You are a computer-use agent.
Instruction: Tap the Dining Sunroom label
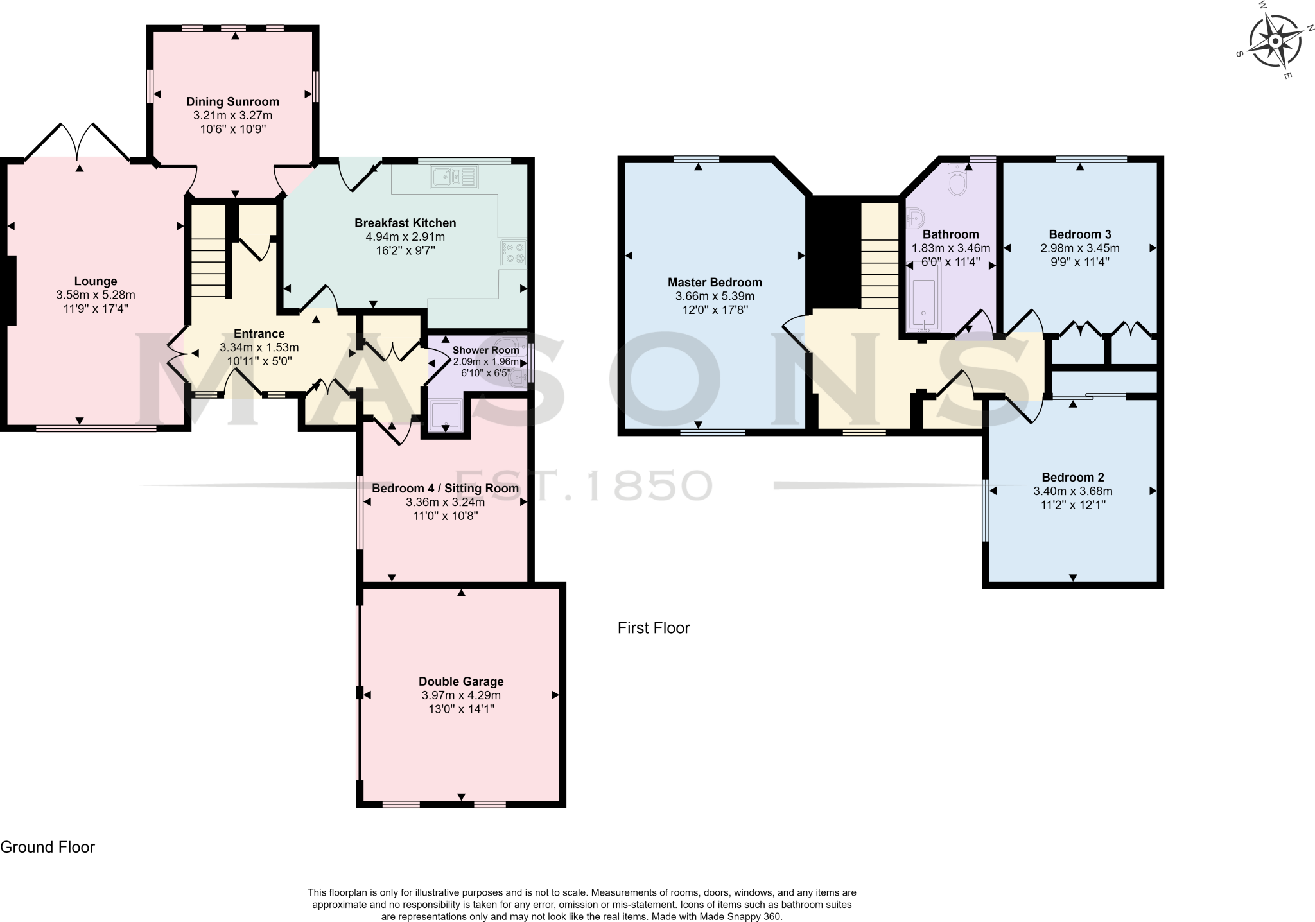pyautogui.click(x=232, y=101)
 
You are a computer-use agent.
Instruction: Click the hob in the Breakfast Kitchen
pyautogui.click(x=514, y=252)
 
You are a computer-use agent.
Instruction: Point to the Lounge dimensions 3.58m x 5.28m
pyautogui.click(x=96, y=295)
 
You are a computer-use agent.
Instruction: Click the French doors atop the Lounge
pyautogui.click(x=78, y=143)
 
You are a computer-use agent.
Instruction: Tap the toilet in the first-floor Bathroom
pyautogui.click(x=957, y=181)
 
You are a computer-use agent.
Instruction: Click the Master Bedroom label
pyautogui.click(x=715, y=282)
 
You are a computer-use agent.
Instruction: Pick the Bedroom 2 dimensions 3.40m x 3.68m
pyautogui.click(x=1072, y=491)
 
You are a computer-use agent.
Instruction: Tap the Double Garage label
pyautogui.click(x=461, y=681)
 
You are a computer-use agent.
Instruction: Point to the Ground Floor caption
pyautogui.click(x=48, y=847)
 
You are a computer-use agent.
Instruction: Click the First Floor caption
pyautogui.click(x=654, y=627)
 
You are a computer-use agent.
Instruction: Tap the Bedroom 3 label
pyautogui.click(x=1079, y=234)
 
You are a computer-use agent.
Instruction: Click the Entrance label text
pyautogui.click(x=259, y=333)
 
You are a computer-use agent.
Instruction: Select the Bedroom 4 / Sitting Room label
pyautogui.click(x=445, y=488)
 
